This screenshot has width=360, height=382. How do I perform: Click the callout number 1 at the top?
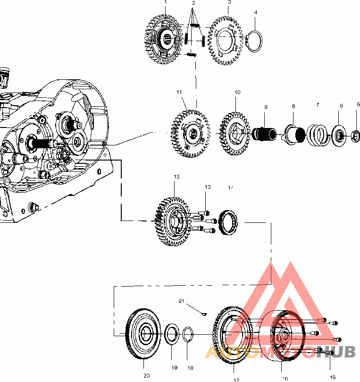[x=166, y=2]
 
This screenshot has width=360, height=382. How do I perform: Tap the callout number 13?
[x=208, y=187]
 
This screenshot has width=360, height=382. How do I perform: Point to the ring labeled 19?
[x=172, y=334]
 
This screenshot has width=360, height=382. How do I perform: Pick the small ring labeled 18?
[x=188, y=334]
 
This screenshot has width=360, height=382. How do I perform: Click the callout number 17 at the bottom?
[x=236, y=379]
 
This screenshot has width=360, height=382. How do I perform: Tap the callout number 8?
[x=293, y=107]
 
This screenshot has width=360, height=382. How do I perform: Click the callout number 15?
[x=333, y=377]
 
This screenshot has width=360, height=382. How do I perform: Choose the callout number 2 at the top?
[x=193, y=3]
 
